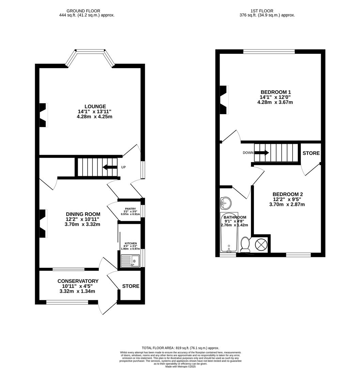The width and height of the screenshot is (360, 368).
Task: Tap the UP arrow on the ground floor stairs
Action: pyautogui.click(x=110, y=167)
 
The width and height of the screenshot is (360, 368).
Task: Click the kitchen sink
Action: pyautogui.click(x=130, y=261)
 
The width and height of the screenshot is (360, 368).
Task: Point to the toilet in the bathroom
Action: pyautogui.click(x=245, y=244)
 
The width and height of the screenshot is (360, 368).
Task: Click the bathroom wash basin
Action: pyautogui.click(x=225, y=203)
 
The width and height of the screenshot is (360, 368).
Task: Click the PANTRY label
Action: pyautogui.click(x=130, y=209)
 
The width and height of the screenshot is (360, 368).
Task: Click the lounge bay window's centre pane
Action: pyautogui.click(x=90, y=51)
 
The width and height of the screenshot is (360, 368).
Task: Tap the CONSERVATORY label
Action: pyautogui.click(x=78, y=281)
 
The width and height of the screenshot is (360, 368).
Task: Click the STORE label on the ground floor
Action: pyautogui.click(x=131, y=286)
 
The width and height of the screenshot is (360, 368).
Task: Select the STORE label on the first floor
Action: pyautogui.click(x=311, y=153)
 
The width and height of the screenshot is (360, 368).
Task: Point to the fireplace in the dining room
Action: pyautogui.click(x=43, y=223)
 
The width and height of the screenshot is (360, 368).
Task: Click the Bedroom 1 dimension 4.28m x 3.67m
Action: pyautogui.click(x=275, y=102)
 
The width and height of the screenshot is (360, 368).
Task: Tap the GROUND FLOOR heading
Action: pyautogui.click(x=83, y=11)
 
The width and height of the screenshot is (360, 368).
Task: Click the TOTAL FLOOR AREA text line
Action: pyautogui.click(x=180, y=348)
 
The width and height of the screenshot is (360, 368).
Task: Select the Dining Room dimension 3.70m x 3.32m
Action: pyautogui.click(x=83, y=224)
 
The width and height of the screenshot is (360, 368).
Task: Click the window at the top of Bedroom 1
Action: pyautogui.click(x=269, y=51)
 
